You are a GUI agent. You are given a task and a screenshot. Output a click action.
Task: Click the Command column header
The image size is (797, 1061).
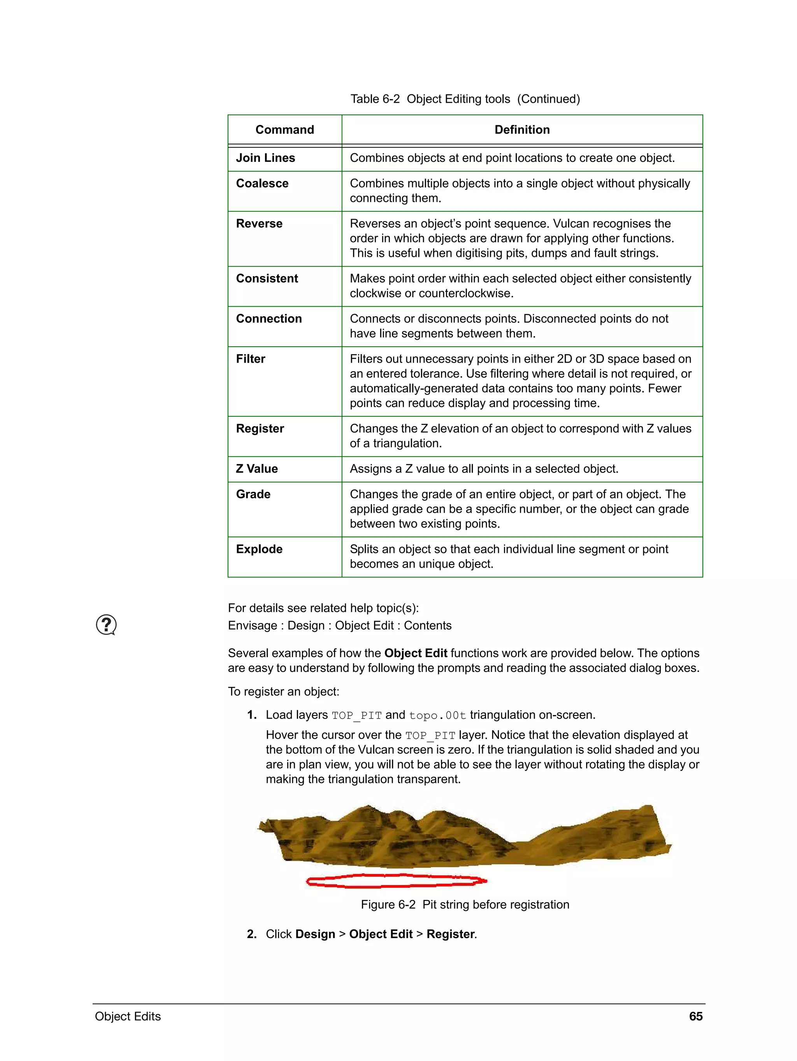[284, 130]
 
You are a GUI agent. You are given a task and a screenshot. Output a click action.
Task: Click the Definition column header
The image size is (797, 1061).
[521, 130]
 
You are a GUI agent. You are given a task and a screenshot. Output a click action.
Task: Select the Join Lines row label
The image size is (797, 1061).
[265, 158]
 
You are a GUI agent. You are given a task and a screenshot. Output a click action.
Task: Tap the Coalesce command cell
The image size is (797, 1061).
[262, 183]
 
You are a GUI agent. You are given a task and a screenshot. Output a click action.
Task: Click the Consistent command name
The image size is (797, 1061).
[267, 278]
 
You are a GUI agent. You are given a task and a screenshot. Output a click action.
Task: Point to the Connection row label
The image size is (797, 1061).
[269, 319]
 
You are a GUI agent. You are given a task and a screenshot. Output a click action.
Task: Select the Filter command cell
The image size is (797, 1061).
[251, 359]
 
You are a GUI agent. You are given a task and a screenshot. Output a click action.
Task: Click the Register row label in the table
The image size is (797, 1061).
[260, 428]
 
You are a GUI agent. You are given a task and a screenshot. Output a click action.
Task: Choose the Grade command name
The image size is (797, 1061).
[253, 494]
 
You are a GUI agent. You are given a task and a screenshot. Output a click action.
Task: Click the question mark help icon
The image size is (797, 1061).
[106, 624]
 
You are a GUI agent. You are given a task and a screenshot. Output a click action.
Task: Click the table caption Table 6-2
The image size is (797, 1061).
[465, 99]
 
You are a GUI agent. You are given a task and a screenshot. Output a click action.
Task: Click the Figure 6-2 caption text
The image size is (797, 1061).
[465, 904]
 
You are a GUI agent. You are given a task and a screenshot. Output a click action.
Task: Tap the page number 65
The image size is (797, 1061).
[695, 1016]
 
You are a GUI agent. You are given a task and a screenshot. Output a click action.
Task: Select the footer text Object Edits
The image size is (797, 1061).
[128, 1016]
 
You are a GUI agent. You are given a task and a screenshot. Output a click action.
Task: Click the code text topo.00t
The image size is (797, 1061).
[437, 715]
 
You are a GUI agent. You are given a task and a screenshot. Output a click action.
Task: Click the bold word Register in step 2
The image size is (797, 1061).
[450, 934]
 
